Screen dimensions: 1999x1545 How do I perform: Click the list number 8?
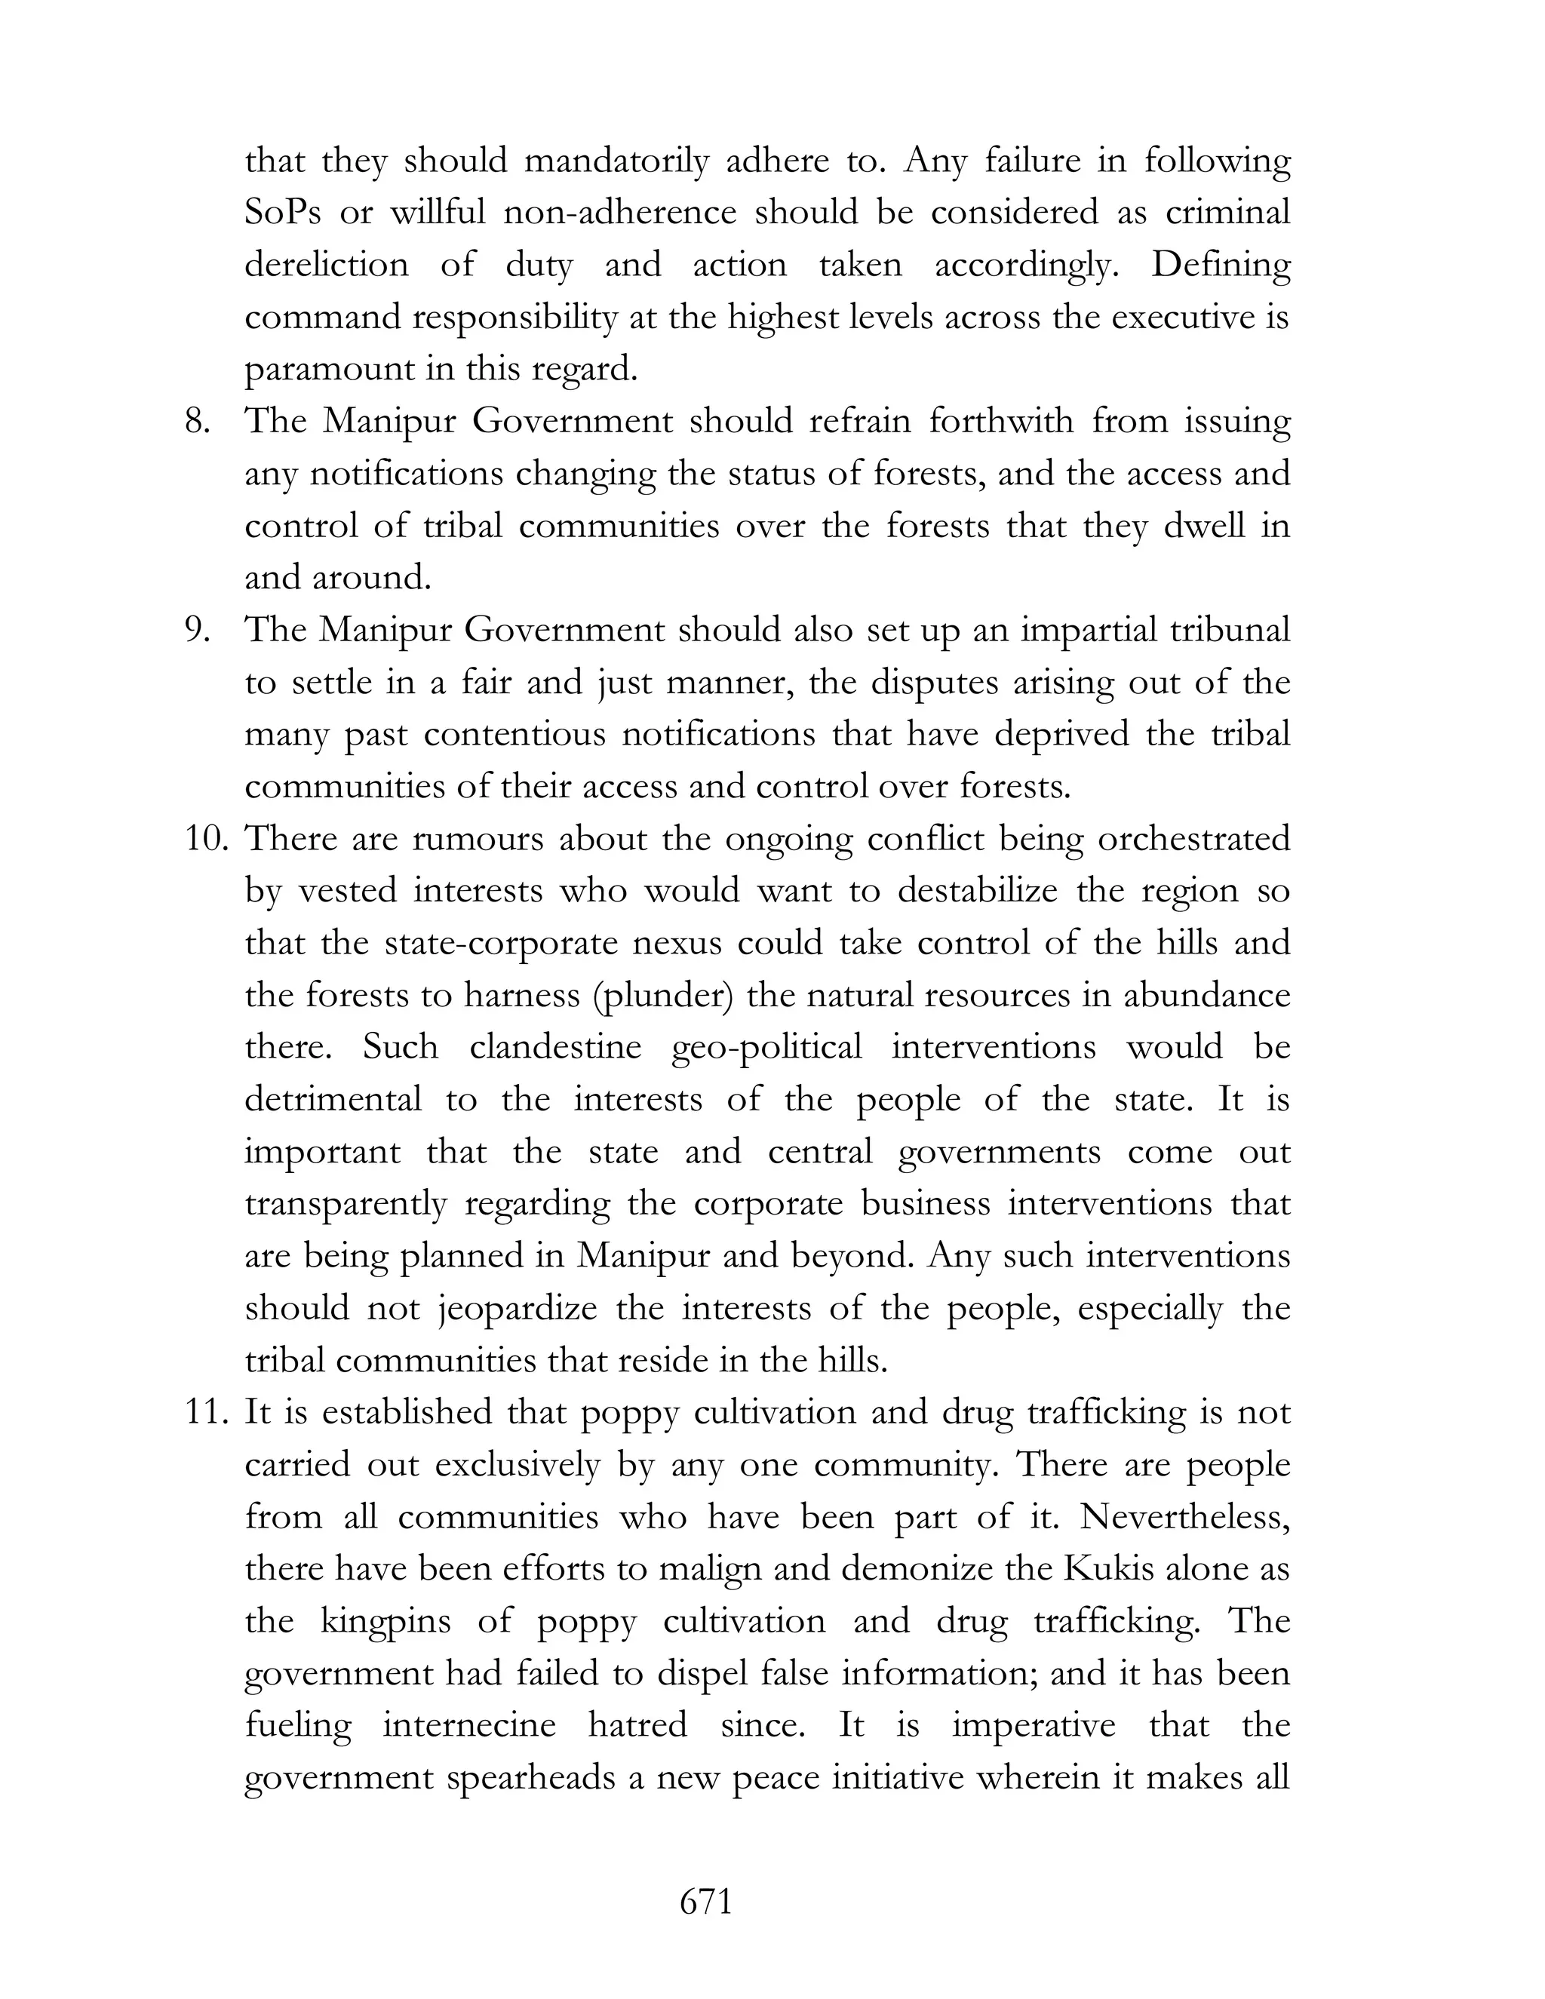point(198,422)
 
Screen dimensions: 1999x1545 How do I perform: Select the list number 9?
point(198,631)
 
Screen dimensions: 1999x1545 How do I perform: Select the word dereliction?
point(327,266)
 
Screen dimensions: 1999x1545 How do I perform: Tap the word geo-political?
point(766,1047)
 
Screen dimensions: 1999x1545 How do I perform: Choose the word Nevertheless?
point(1184,1518)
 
